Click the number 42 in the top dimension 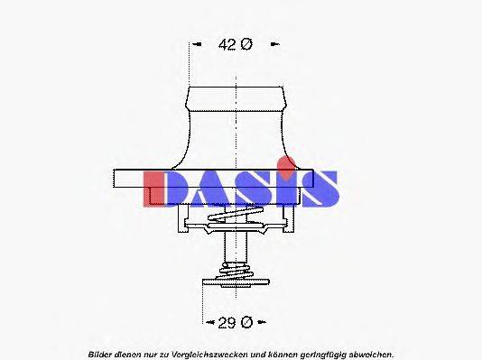(228, 43)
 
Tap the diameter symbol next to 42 (246, 43)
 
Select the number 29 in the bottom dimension (227, 320)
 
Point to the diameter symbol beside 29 (246, 320)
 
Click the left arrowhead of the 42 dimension (192, 43)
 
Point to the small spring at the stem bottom (236, 271)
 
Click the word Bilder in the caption (102, 353)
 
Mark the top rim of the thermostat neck (236, 87)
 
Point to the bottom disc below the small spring (236, 282)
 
